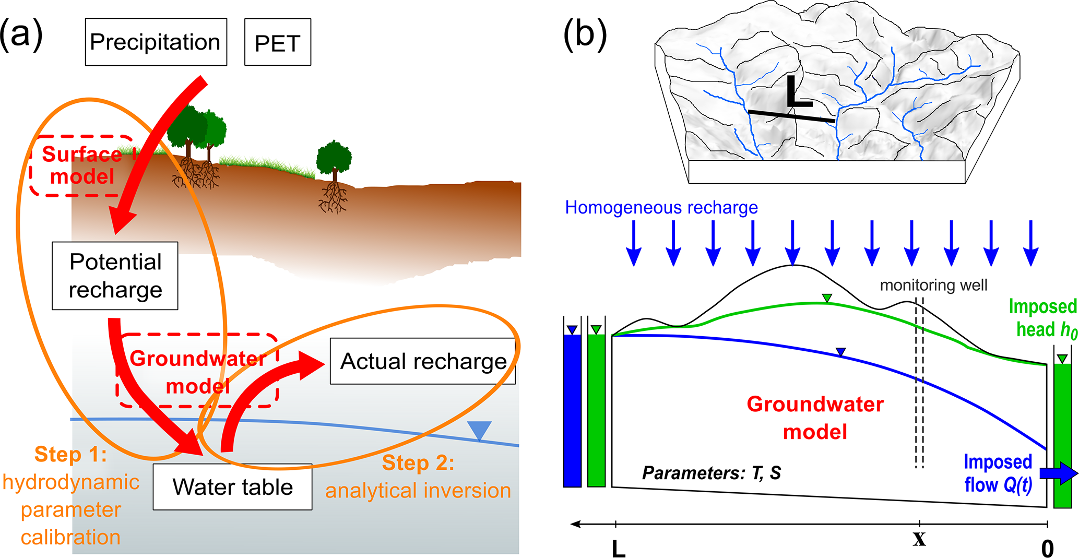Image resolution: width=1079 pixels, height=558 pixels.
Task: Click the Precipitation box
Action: coord(156,42)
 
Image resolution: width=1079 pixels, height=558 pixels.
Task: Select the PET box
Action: coord(278,42)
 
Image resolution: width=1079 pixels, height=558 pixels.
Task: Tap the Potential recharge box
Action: coord(115,276)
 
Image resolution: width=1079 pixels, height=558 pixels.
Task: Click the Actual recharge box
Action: coord(423,361)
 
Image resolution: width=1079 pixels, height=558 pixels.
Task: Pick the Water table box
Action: coord(232,487)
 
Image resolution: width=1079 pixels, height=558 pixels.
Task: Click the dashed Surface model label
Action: coord(82,165)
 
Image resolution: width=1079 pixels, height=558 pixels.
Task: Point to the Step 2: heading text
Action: coord(418,463)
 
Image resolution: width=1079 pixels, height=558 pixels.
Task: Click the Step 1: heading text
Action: coord(70,454)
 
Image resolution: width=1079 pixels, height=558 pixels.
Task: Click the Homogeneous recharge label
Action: coord(661,208)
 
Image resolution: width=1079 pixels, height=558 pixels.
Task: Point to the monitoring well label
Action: coord(933,285)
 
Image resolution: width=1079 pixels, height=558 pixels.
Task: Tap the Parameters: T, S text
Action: coord(711,473)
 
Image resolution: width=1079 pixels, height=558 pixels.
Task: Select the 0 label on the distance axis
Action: coord(1047,549)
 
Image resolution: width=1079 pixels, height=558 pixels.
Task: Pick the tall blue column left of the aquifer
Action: coord(572,410)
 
